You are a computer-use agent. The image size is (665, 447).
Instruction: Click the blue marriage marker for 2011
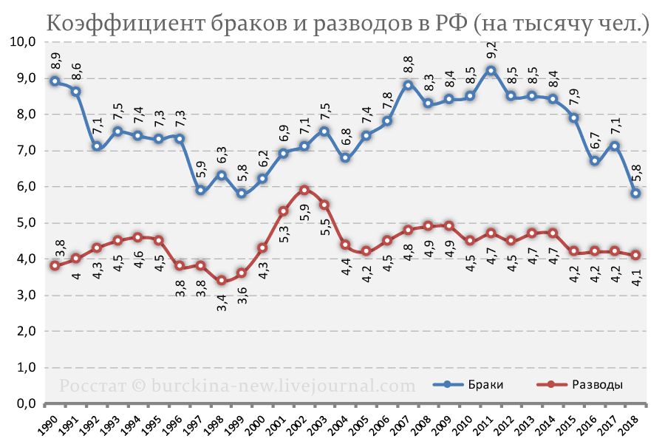pyautogui.click(x=491, y=70)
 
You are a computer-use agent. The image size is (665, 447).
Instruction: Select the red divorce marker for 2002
pyautogui.click(x=304, y=190)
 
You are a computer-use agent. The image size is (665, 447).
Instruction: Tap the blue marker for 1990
pyautogui.click(x=55, y=81)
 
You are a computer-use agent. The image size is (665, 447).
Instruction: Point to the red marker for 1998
pyautogui.click(x=221, y=281)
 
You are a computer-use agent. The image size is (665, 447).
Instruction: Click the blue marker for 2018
pyautogui.click(x=635, y=194)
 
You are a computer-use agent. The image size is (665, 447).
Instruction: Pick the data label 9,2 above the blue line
pyautogui.click(x=491, y=51)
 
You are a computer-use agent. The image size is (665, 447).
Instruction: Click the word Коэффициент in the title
pyautogui.click(x=119, y=24)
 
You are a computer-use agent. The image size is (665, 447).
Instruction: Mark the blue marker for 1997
pyautogui.click(x=199, y=191)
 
